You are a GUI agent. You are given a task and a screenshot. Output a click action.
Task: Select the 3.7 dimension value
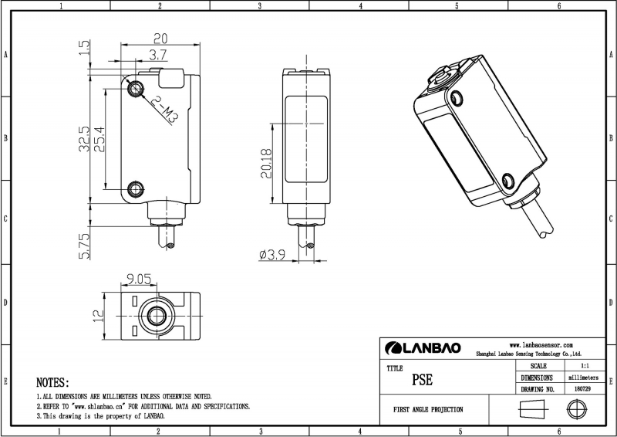[158, 56]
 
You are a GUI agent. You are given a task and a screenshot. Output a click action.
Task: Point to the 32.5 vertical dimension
[84, 140]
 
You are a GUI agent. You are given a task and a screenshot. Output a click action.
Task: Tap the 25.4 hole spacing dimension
[99, 139]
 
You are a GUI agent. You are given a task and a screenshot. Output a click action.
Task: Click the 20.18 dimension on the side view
[266, 164]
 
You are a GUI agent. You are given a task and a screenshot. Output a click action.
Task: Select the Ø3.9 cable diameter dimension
[273, 254]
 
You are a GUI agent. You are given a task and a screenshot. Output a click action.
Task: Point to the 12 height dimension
[98, 316]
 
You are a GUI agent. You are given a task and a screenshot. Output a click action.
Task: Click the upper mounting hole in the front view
[137, 88]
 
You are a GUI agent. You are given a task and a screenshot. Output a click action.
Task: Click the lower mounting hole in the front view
[137, 188]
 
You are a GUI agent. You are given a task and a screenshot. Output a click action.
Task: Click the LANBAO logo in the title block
[423, 347]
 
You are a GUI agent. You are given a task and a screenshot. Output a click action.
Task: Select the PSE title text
[422, 380]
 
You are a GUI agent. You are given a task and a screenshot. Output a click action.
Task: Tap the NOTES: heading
[53, 382]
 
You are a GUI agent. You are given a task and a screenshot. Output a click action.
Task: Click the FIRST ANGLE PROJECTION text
[428, 409]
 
